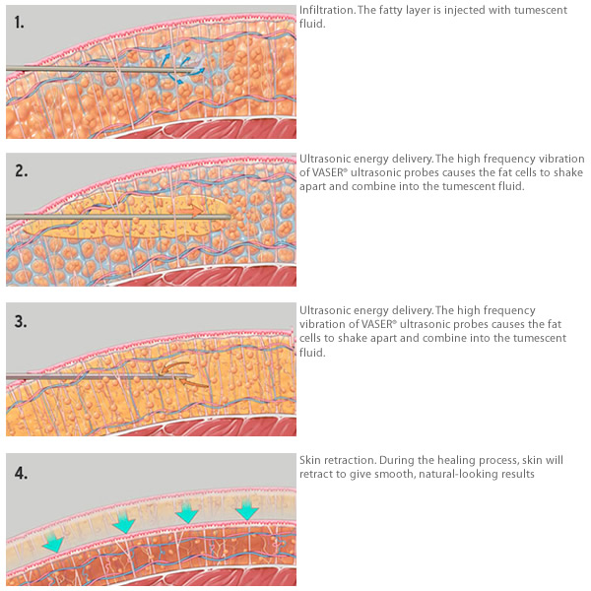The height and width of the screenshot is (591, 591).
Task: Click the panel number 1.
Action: [20, 23]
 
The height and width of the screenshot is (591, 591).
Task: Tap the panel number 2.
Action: [21, 170]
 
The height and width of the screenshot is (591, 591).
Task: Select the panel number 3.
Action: [21, 321]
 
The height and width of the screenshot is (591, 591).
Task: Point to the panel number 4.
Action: [21, 473]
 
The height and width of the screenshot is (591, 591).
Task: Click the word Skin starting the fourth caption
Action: [310, 460]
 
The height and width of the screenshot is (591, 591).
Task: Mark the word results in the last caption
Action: [518, 474]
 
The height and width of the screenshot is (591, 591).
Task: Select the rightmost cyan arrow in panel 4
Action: [246, 509]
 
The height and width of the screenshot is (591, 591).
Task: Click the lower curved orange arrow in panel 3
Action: [193, 383]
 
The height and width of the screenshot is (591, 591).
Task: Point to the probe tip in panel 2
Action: [230, 217]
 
